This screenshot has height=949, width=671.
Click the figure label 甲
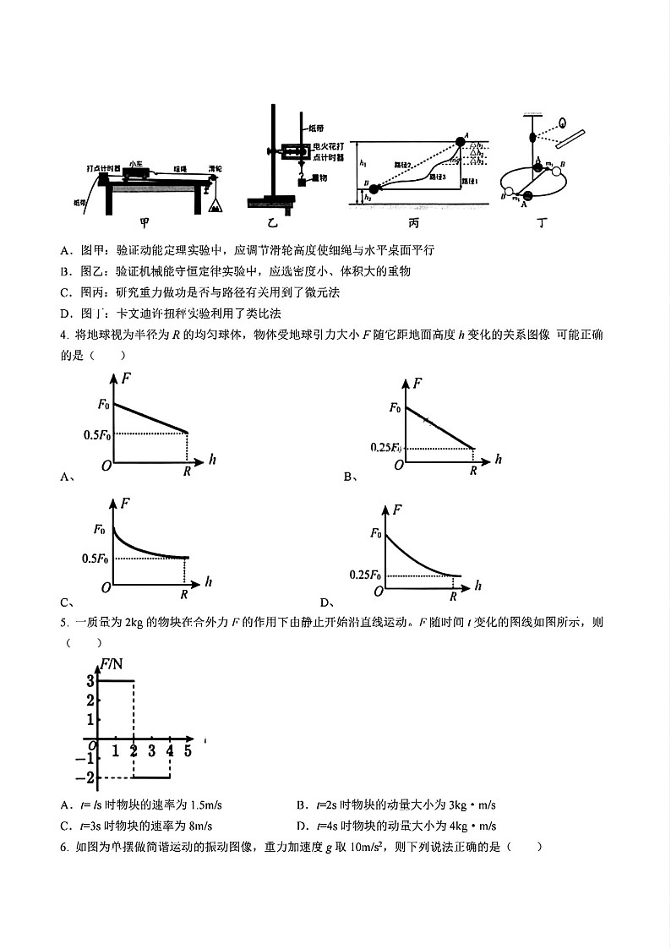(145, 223)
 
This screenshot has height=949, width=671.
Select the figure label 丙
(413, 223)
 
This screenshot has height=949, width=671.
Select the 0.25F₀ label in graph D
(366, 575)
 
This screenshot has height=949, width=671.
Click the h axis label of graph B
(498, 460)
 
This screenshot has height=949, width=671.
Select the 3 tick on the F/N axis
(89, 681)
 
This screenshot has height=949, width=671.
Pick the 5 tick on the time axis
(188, 750)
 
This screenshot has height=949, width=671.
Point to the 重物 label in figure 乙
(319, 178)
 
